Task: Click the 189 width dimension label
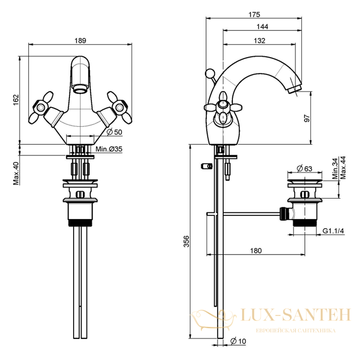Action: coord(80,41)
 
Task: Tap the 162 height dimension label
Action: coord(16,100)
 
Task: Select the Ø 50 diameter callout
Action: coord(115,132)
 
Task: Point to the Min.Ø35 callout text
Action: coord(109,149)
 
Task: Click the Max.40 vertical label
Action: coord(16,173)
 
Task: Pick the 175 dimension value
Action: coord(254,15)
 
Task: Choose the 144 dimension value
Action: coord(262,27)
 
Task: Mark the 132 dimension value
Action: coord(259,41)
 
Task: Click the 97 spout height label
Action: coord(307,118)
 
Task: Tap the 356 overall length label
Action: coord(187,241)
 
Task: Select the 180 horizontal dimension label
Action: coord(256,250)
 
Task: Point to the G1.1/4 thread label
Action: coord(333,231)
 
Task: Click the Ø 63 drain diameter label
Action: coord(304,169)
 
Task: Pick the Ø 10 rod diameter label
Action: coord(238,341)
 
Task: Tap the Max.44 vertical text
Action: coord(343,168)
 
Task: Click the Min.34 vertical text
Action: coord(335,169)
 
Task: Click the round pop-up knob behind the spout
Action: coord(209,73)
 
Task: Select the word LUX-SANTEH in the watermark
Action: coord(296,315)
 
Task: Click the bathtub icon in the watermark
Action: coord(213,320)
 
